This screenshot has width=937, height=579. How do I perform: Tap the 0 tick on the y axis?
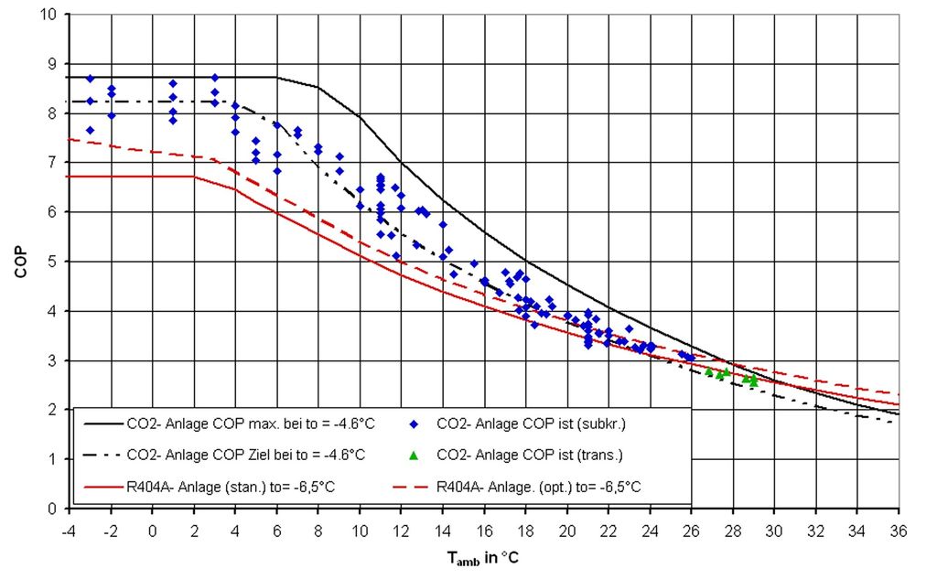[x=53, y=508]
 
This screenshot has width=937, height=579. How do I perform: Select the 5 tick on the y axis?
[x=53, y=262]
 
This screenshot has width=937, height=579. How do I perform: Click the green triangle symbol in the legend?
[x=414, y=455]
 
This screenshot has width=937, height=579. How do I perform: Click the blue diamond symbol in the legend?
[x=414, y=424]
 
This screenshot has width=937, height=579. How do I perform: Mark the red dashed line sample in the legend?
[x=414, y=485]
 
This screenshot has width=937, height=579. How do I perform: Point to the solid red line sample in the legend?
[x=102, y=485]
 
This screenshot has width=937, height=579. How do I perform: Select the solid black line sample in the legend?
[x=102, y=424]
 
